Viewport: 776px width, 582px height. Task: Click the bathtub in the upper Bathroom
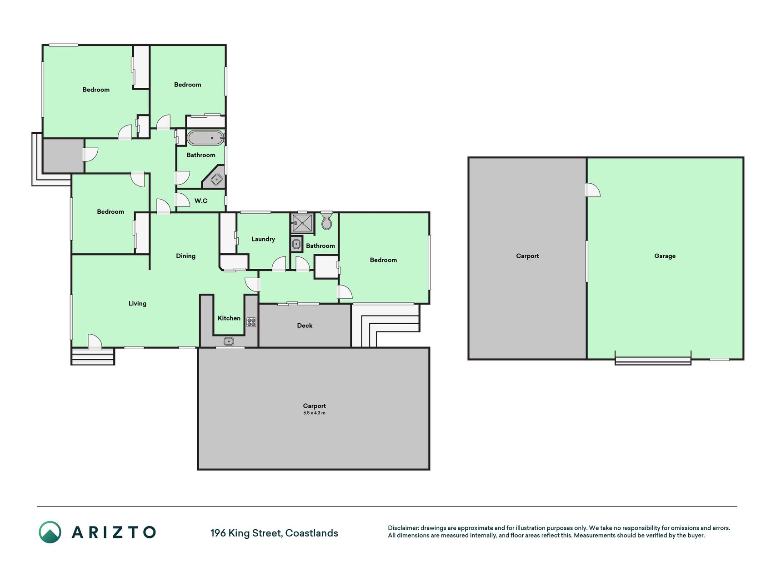205,138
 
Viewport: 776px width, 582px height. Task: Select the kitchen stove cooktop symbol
251,322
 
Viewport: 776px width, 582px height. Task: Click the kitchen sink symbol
229,341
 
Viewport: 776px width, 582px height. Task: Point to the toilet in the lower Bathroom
326,221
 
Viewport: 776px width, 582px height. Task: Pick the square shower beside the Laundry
302,223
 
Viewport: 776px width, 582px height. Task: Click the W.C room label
201,201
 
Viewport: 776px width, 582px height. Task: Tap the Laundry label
263,239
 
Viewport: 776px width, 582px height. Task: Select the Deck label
305,325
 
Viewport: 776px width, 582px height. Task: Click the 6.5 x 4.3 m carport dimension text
315,413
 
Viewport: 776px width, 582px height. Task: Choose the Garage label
665,256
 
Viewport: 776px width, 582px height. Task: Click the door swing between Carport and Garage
592,190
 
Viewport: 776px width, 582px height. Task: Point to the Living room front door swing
95,341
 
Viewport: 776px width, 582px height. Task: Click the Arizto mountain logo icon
50,532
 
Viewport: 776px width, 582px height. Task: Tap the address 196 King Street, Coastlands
274,533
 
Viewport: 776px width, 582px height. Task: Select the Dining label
185,256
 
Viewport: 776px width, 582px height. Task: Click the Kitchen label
229,318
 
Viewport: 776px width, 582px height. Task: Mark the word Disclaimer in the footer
403,528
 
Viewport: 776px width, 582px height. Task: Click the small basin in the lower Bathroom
296,244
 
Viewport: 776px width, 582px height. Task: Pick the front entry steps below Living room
93,356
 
